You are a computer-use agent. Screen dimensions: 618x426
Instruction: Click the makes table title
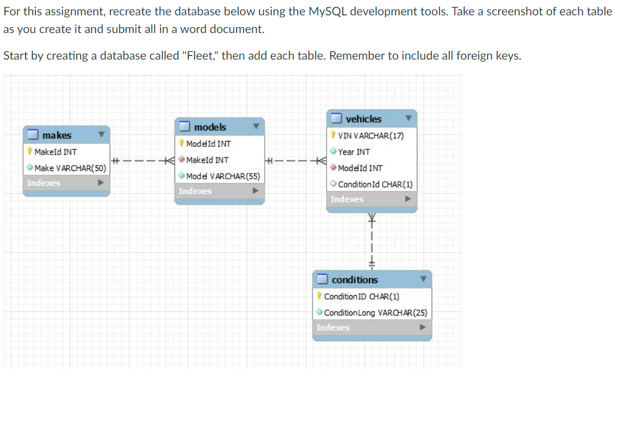[x=57, y=135]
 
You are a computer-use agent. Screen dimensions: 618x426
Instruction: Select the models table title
[x=210, y=127]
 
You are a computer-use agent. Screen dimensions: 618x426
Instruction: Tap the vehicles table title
[x=363, y=119]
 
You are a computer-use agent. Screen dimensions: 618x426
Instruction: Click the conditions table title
[x=355, y=280]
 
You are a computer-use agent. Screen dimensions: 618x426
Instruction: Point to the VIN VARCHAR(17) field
[x=371, y=136]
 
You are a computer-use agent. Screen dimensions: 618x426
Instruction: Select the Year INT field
[x=354, y=152]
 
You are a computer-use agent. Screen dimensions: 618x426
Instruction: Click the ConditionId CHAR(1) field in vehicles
[x=375, y=184]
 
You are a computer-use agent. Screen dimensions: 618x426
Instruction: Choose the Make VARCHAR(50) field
[x=70, y=168]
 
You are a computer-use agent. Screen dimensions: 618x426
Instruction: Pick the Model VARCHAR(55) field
[x=223, y=176]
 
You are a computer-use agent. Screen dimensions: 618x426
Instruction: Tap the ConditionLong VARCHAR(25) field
[x=376, y=313]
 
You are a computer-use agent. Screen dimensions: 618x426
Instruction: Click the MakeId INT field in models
[x=208, y=160]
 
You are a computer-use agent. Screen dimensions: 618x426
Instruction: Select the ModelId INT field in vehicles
[x=360, y=168]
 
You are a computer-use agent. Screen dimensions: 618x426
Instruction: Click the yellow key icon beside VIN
[x=333, y=135]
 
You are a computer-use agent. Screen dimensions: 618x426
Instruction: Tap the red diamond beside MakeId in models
[x=181, y=159]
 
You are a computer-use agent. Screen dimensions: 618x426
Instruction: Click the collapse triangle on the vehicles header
[x=409, y=118]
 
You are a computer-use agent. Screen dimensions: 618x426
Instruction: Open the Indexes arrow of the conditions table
[x=422, y=327]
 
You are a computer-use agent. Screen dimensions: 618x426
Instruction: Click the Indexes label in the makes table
[x=44, y=183]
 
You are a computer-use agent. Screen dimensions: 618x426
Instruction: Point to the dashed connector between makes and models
[x=143, y=160]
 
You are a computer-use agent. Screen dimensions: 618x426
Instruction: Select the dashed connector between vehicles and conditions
[x=372, y=241]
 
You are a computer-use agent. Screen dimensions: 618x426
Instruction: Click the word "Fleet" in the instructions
[x=200, y=55]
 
